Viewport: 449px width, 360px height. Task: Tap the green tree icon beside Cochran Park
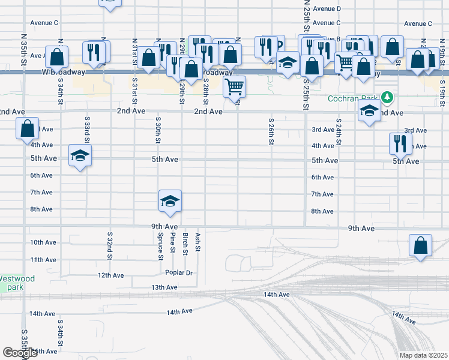[x=387, y=97]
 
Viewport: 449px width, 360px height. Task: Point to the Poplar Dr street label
[x=180, y=272]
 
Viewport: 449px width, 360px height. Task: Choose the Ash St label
[x=197, y=241]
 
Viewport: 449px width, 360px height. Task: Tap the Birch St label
[x=185, y=244]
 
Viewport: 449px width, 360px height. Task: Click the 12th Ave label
[x=110, y=275]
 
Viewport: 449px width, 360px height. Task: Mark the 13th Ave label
[x=164, y=288]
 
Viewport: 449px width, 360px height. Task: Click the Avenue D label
[x=327, y=9]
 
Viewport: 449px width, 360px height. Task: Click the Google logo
[x=20, y=353]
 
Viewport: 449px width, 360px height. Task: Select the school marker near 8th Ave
[x=170, y=200]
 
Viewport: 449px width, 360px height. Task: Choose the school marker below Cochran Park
[x=369, y=110]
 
